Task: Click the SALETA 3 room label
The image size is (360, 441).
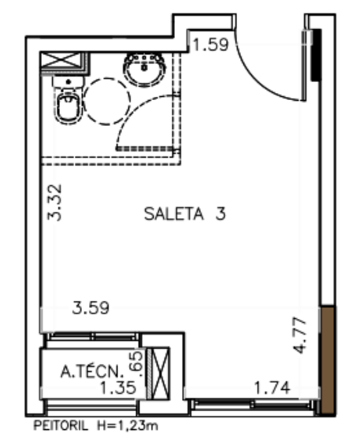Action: (x=185, y=213)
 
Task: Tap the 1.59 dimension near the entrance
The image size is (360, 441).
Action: (x=211, y=45)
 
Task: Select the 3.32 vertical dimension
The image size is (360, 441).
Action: (x=54, y=202)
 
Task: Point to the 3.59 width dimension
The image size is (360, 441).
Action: (x=91, y=307)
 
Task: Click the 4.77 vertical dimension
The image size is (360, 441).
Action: (x=300, y=335)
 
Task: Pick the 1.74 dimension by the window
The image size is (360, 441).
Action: (x=272, y=388)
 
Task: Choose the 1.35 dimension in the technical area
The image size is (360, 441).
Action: (x=118, y=387)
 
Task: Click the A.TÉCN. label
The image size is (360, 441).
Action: (x=92, y=371)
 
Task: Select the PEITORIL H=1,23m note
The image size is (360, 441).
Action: (x=95, y=425)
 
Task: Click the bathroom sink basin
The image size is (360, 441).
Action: (x=144, y=69)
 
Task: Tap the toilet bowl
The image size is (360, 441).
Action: (x=68, y=107)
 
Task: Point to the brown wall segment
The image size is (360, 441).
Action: (x=328, y=360)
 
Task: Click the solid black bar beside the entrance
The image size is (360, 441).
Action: (x=317, y=55)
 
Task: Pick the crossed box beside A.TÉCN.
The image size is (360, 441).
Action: (x=161, y=373)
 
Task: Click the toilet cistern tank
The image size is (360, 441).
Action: (x=68, y=82)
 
